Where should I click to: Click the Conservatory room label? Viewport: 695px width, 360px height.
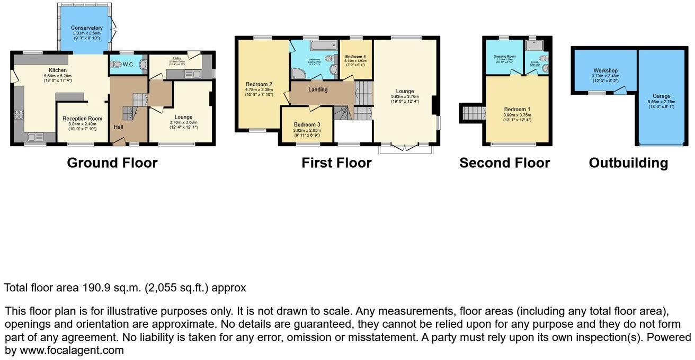87,28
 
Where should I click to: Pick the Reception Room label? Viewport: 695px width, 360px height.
82,119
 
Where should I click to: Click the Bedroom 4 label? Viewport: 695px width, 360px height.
354,56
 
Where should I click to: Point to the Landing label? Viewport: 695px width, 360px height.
318,89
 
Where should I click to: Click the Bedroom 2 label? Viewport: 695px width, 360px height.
259,84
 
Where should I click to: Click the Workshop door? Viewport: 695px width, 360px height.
618,92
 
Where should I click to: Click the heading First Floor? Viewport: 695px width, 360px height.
336,163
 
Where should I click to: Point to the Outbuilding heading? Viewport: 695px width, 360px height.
628,163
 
